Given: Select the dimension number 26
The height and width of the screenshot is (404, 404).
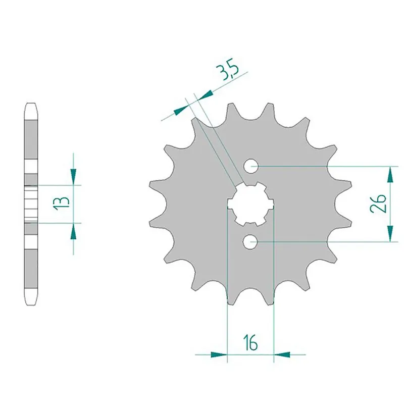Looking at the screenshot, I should [x=381, y=204].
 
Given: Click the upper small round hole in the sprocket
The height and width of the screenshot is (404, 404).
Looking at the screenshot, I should [x=251, y=166].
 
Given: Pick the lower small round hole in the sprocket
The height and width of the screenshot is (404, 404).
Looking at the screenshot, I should [x=251, y=242].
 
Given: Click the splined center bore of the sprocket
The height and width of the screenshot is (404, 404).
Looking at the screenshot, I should [x=250, y=204].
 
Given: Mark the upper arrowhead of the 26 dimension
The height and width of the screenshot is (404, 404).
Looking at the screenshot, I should [x=390, y=174].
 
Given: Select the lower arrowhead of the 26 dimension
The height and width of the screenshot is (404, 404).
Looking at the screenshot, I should [x=390, y=233].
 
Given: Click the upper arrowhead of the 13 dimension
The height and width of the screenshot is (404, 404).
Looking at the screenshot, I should [x=74, y=177].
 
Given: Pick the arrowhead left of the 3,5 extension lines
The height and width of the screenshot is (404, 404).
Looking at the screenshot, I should [x=179, y=109].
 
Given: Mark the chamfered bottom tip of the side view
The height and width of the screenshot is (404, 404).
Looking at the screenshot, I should [x=31, y=299].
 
